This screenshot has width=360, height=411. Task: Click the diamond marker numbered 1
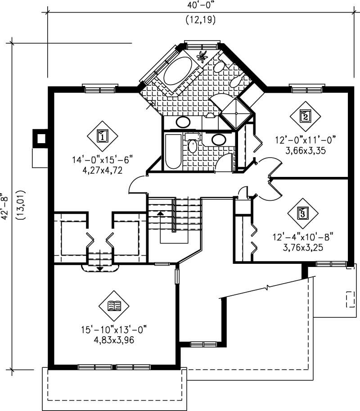tap(102, 135)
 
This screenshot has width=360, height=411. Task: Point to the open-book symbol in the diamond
tap(114, 306)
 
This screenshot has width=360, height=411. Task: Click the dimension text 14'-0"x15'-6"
tap(103, 160)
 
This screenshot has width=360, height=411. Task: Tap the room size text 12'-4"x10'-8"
tap(305, 237)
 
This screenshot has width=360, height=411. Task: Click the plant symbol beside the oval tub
tap(202, 56)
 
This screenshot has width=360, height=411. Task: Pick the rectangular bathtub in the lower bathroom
tap(172, 151)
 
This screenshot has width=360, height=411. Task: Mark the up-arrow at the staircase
tap(160, 213)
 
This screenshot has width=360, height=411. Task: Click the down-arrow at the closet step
tap(99, 268)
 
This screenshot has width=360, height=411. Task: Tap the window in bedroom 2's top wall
tap(307, 89)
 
